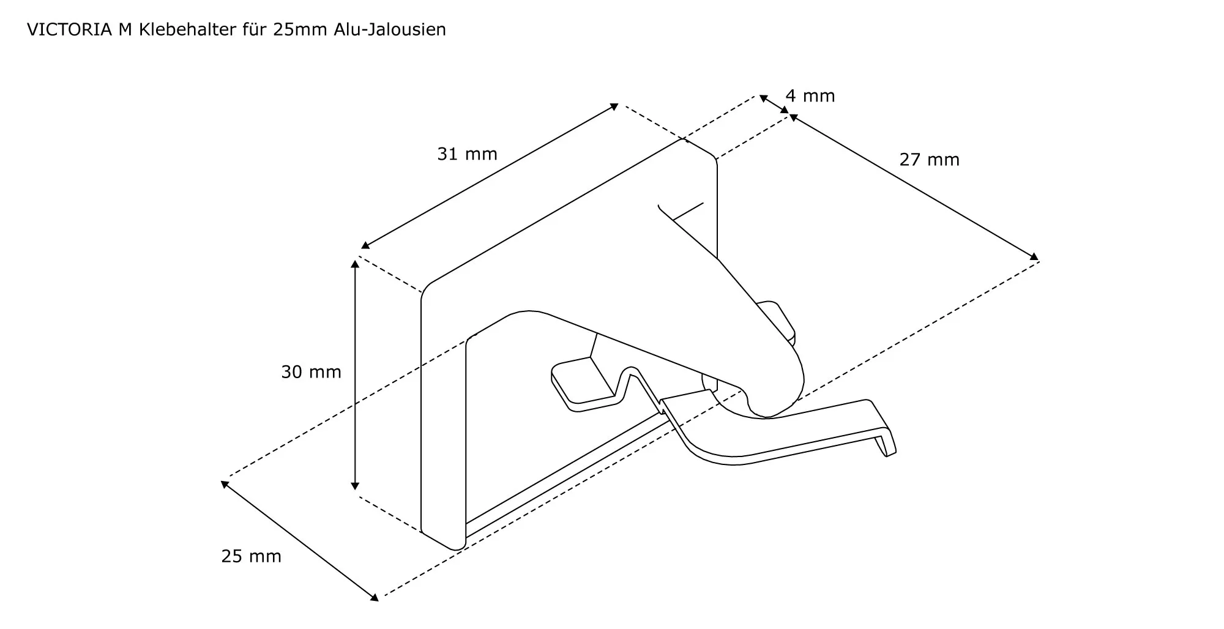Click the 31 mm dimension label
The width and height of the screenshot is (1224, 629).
(x=467, y=154)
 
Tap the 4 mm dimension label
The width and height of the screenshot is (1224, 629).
(x=810, y=96)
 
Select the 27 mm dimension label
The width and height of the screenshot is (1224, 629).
(x=929, y=160)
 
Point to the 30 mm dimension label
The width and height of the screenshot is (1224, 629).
(x=311, y=372)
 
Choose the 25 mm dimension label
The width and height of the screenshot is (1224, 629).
(x=251, y=556)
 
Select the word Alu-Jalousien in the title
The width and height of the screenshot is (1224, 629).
(x=390, y=29)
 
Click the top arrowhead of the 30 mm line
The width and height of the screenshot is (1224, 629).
(x=354, y=264)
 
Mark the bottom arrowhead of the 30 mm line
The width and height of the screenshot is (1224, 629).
(x=354, y=486)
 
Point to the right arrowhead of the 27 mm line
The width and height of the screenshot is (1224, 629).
(x=1035, y=256)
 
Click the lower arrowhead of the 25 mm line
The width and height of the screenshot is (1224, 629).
(x=375, y=598)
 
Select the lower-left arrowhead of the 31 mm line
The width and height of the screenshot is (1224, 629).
(x=364, y=245)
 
